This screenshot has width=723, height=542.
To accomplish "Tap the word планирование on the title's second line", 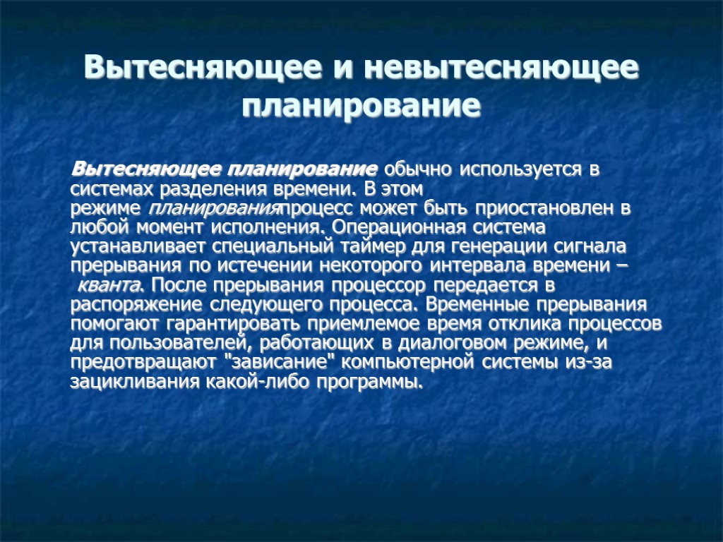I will tap(361, 107).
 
